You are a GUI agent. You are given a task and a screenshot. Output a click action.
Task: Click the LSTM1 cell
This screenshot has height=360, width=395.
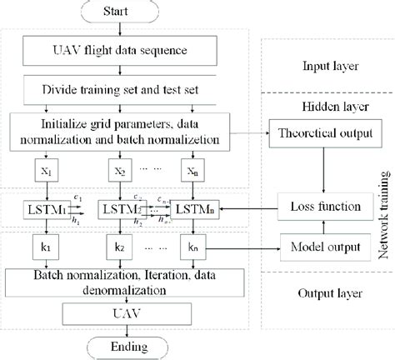click(x=47, y=205)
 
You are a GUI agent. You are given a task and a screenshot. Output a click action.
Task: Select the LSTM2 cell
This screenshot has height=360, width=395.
click(x=120, y=205)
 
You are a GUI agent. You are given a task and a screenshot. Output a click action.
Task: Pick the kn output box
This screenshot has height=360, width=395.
click(x=192, y=247)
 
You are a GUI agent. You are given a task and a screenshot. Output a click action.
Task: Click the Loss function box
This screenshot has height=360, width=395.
click(x=312, y=205)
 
